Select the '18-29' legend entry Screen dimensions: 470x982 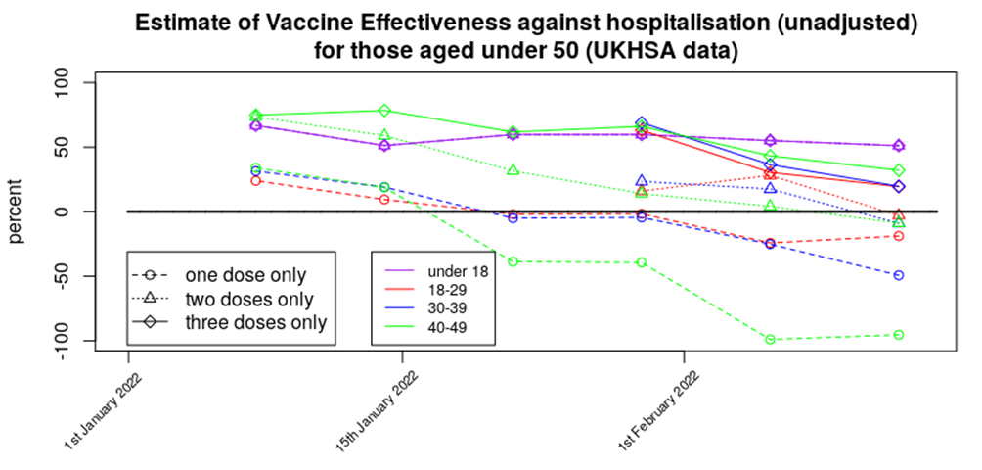pos(456,289)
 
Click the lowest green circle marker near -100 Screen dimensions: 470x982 pos(771,340)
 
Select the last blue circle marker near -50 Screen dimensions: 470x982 pos(899,275)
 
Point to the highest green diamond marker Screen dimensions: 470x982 pos(384,111)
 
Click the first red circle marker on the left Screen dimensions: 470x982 pos(256,181)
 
